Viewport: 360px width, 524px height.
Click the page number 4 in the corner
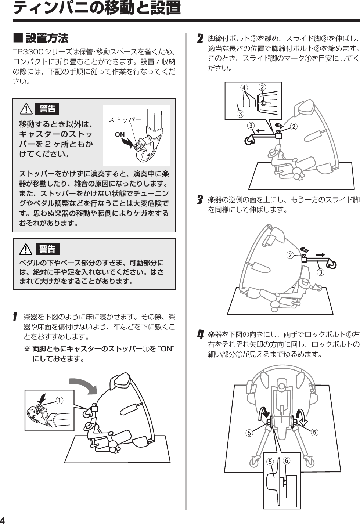click(x=3, y=520)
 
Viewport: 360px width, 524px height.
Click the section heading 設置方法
click(x=47, y=38)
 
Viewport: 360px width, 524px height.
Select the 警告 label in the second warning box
click(x=47, y=249)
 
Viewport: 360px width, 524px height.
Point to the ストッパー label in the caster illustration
click(x=125, y=120)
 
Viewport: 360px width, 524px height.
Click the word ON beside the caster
click(x=120, y=134)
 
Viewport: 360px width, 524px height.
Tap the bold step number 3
click(x=200, y=200)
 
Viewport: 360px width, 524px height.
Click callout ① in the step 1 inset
click(x=59, y=400)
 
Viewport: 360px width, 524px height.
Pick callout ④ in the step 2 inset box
click(x=244, y=88)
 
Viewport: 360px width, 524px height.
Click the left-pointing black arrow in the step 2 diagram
click(x=260, y=130)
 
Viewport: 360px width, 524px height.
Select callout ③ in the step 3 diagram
click(x=321, y=272)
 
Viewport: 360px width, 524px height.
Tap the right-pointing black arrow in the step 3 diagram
click(x=320, y=254)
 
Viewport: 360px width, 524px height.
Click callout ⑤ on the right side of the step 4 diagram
click(x=314, y=432)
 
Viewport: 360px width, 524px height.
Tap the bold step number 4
click(x=200, y=335)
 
